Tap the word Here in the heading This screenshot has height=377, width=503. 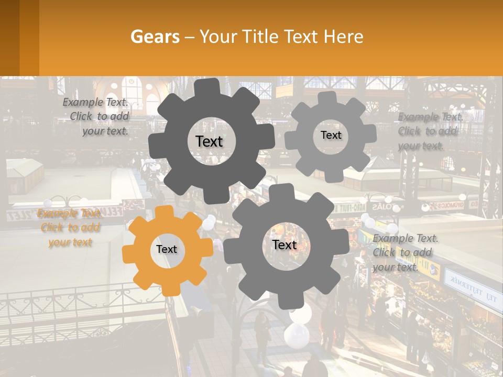pos(343,37)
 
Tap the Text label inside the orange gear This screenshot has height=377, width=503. pos(167,250)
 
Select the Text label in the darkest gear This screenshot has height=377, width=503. pos(209,141)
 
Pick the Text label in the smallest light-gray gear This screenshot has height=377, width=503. pos(331,135)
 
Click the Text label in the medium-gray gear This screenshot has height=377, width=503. pos(285,245)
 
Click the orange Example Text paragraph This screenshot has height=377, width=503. pos(69,228)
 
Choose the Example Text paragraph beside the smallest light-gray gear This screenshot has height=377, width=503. pos(430,131)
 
